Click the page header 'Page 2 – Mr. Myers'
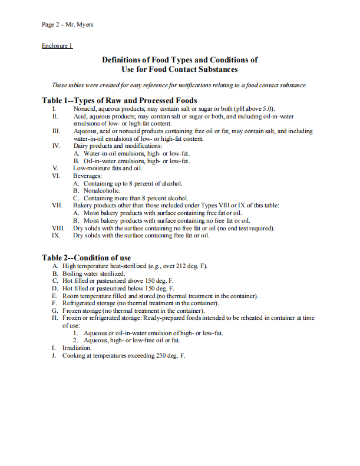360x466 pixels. pyautogui.click(x=67, y=24)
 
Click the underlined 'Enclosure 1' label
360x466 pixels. pyautogui.click(x=57, y=45)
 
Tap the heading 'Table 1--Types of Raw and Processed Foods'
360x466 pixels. pyautogui.click(x=120, y=100)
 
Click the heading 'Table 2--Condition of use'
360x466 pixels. pyautogui.click(x=86, y=257)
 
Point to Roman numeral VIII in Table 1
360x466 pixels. pyautogui.click(x=58, y=228)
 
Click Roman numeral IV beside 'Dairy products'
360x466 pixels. pyautogui.click(x=57, y=146)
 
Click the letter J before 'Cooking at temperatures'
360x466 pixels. pyautogui.click(x=54, y=356)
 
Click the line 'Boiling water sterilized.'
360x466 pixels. pyautogui.click(x=94, y=274)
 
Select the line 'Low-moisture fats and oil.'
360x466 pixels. pyautogui.click(x=108, y=168)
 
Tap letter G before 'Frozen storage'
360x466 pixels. pyautogui.click(x=54, y=310)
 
